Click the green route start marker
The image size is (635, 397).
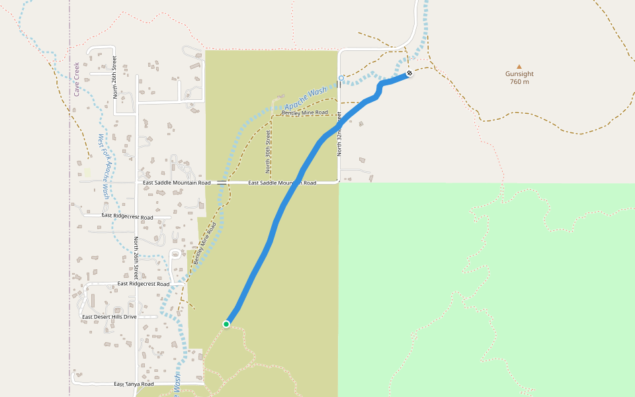(x=226, y=324)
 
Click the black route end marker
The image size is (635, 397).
(x=409, y=73)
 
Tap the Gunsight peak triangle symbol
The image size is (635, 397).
(x=519, y=66)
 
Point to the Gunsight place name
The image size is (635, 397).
(x=519, y=74)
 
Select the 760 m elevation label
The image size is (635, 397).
(x=519, y=82)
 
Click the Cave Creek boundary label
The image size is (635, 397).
(x=77, y=79)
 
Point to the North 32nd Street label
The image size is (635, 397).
(x=339, y=134)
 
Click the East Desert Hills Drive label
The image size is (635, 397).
(x=109, y=317)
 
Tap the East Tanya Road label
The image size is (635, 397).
(x=134, y=384)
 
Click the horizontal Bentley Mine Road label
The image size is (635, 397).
(x=304, y=112)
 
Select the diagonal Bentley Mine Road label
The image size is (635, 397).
(x=205, y=243)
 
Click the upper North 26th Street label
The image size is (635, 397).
(x=114, y=77)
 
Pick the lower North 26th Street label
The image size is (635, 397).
(x=136, y=258)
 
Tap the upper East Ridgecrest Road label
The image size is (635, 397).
(x=127, y=216)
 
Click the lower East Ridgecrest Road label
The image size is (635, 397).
(x=143, y=283)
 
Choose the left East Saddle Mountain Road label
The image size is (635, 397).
(x=177, y=183)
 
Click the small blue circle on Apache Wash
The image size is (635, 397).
(x=341, y=78)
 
